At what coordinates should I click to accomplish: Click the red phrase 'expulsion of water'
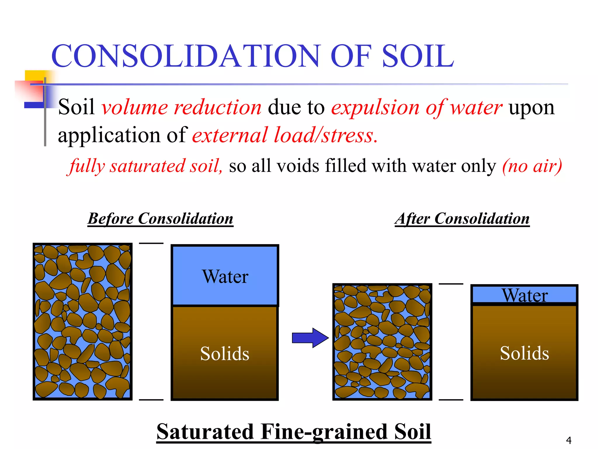point(417,108)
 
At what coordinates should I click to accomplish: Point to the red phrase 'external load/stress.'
point(285,135)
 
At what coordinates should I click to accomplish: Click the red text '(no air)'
point(532,166)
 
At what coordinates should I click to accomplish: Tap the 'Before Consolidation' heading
point(161,218)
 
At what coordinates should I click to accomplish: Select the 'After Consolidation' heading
point(462,218)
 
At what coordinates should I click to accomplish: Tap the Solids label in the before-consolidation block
point(225,353)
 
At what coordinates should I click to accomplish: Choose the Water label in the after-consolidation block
point(525,295)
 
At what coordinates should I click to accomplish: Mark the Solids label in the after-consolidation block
point(524,353)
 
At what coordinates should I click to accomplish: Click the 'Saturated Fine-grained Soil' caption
point(294,431)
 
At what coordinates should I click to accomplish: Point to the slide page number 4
point(569,440)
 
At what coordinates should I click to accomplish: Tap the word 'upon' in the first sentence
point(531,108)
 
